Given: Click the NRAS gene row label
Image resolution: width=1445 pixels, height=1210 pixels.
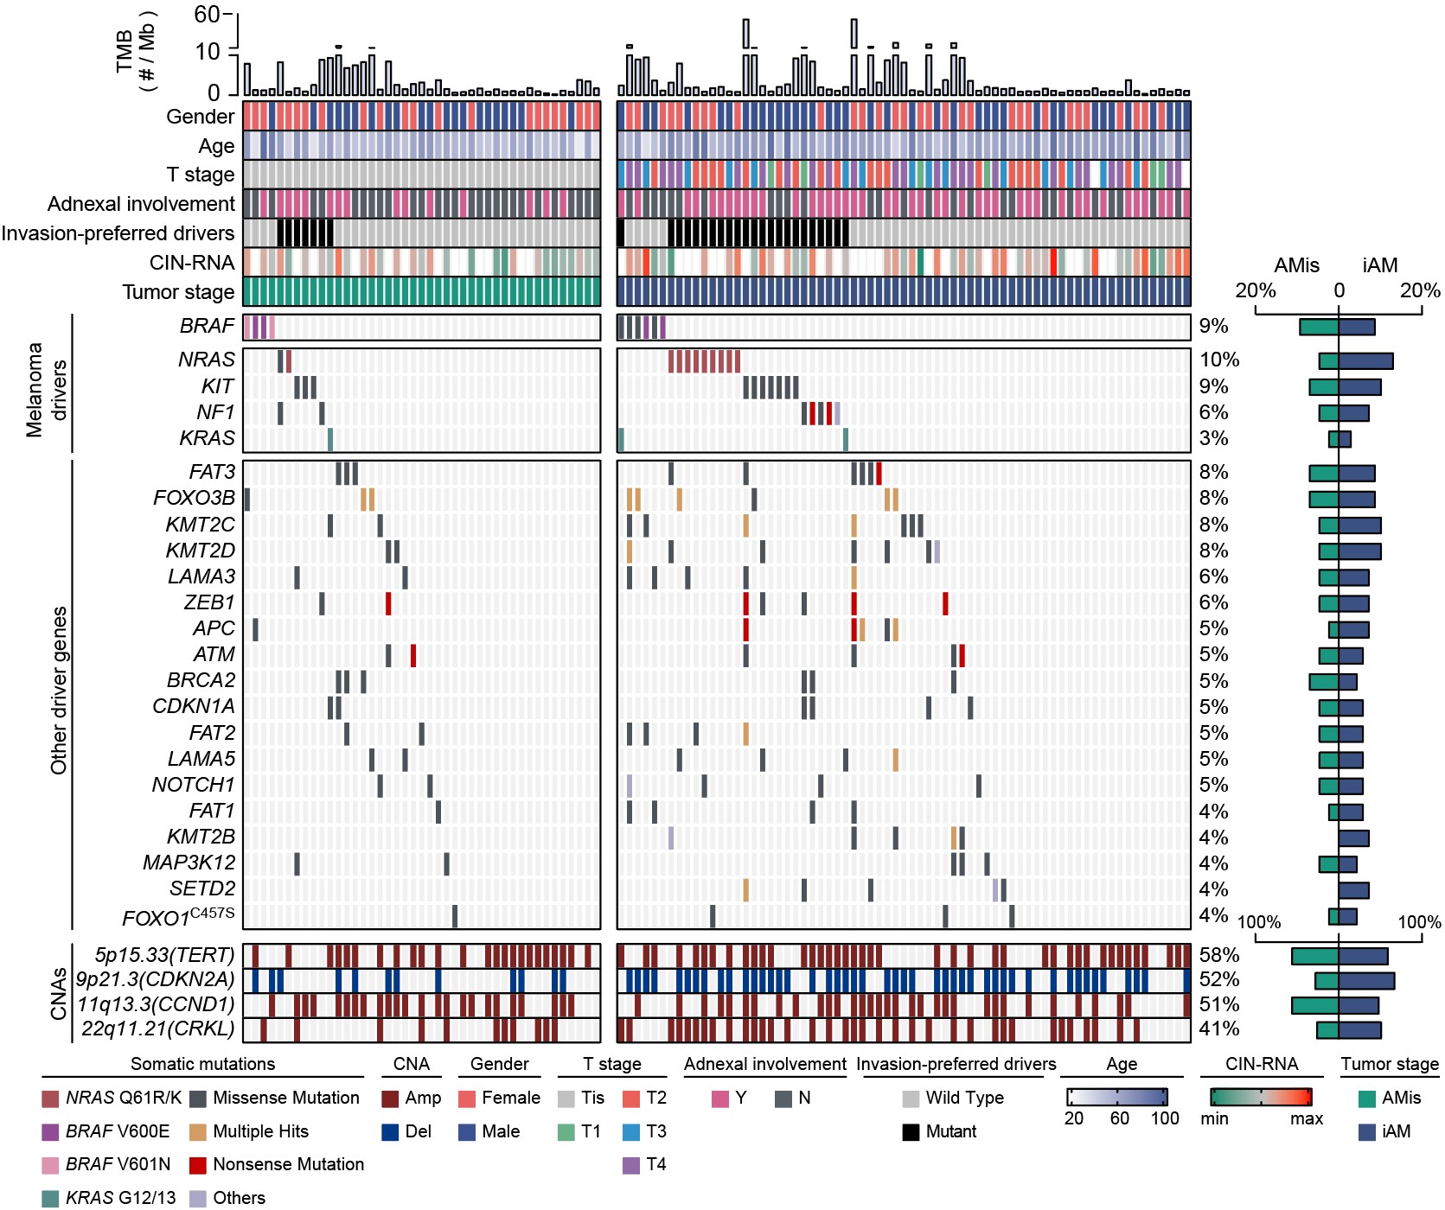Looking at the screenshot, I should pos(206,360).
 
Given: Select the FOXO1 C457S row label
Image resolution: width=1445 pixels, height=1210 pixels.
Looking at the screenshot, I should pos(178,917).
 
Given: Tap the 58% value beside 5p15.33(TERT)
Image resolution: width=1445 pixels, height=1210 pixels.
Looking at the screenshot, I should pos(1219,955).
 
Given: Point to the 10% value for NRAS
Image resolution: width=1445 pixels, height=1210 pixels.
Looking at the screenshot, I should pos(1219,360).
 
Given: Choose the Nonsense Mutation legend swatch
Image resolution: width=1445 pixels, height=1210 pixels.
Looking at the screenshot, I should pos(198,1165).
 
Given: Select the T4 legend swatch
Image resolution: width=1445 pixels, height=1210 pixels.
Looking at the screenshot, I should pos(630,1165).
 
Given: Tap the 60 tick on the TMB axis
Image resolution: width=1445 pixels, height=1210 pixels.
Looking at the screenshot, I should pos(208,14).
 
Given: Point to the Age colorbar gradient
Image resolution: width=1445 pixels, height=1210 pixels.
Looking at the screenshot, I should pos(1117,1097).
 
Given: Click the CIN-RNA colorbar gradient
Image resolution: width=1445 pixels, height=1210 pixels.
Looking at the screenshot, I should pos(1261,1097).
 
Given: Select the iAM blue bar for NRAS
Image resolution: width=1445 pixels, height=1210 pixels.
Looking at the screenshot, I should pos(1365,361).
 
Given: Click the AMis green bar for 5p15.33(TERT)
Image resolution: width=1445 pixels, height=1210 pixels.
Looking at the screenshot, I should pos(1314,956).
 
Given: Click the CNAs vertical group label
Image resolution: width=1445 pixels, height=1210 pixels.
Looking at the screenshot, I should pos(58,993).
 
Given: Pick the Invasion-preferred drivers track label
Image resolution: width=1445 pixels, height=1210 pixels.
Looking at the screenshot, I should pos(118,233).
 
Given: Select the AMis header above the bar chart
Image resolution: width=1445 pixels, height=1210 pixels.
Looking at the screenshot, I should pos(1296,265).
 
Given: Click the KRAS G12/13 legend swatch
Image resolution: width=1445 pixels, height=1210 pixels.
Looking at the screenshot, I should pos(50,1198).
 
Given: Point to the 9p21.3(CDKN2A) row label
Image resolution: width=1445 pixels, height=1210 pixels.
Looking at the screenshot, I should pos(156,979).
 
